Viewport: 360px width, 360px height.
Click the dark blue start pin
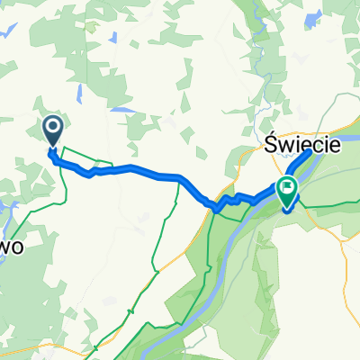[52, 132]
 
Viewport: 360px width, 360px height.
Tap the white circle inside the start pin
[52, 129]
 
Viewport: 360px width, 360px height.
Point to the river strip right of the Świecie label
[346, 140]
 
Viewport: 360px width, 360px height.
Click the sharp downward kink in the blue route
[216, 208]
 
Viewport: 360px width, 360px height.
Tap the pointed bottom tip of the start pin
[52, 147]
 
